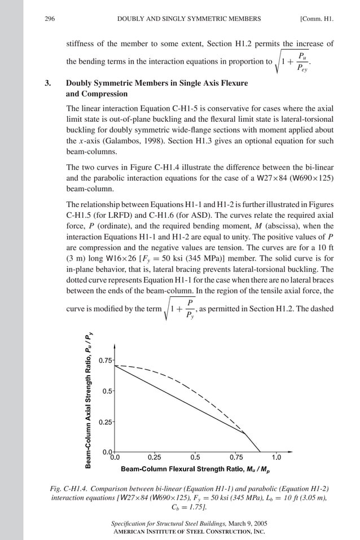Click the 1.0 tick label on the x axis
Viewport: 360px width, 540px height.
[276, 457]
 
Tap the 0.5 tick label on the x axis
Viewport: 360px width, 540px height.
[195, 457]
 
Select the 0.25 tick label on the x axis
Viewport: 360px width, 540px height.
[155, 457]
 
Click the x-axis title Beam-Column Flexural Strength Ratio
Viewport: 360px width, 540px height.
[195, 469]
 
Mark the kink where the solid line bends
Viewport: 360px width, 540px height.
[244, 433]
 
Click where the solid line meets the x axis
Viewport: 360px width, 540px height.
[261, 452]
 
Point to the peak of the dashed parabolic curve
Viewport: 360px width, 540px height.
[115, 366]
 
